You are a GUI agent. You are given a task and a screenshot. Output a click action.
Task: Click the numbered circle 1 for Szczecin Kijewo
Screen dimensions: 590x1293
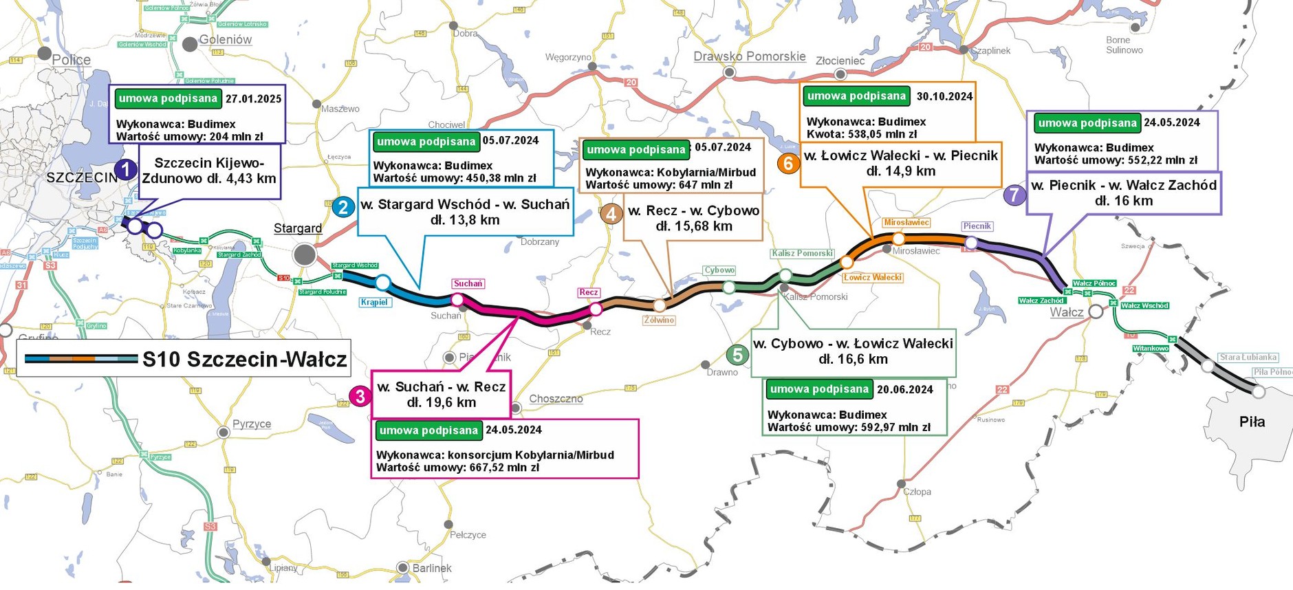(125, 169)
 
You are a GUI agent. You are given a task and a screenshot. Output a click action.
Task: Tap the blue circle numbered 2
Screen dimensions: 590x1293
(343, 206)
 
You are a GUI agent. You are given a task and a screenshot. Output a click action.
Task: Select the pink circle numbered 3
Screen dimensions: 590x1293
(360, 396)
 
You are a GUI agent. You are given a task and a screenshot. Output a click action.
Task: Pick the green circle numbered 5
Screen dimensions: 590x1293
(737, 355)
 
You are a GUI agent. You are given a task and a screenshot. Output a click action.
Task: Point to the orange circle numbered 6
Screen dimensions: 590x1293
(788, 163)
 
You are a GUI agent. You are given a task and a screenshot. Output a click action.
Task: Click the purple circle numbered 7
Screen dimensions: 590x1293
(1014, 195)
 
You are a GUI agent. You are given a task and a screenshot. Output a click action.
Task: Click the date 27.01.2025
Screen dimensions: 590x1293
(253, 99)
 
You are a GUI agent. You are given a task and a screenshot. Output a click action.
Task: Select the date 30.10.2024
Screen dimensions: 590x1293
(944, 97)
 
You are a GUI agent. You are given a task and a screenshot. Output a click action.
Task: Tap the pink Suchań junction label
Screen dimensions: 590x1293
(468, 283)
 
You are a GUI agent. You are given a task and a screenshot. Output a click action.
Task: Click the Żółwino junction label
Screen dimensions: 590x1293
(659, 320)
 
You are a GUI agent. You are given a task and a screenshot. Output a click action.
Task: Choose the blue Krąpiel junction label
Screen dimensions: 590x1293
(375, 302)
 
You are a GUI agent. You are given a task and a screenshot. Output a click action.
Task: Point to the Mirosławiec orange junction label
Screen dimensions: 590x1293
(906, 223)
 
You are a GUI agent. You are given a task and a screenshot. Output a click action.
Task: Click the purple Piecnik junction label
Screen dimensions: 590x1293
(977, 226)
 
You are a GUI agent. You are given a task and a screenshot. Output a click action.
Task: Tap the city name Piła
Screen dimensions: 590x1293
(1252, 422)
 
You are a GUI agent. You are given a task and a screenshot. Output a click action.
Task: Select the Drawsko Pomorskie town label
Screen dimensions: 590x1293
(749, 56)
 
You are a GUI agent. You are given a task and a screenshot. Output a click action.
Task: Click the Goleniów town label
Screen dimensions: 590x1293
(226, 40)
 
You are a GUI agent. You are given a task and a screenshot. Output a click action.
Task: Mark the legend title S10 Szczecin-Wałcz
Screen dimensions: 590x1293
(244, 359)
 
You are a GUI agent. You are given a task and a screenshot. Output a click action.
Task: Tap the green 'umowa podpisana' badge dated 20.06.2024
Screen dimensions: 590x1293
(819, 389)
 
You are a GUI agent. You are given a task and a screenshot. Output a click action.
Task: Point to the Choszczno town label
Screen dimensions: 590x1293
(556, 399)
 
